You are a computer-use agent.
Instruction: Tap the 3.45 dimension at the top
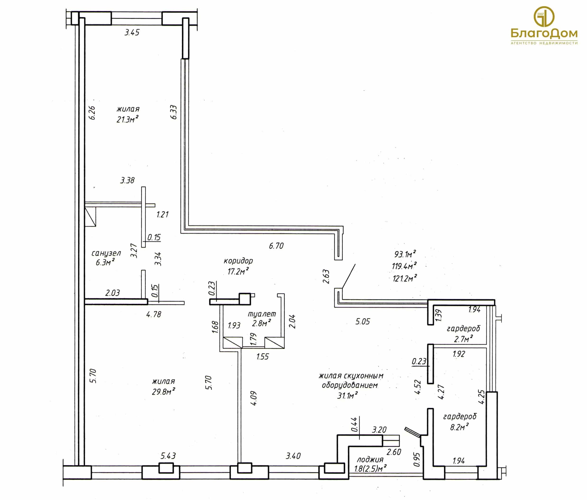[x=132, y=32]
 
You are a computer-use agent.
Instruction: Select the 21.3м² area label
[x=128, y=119]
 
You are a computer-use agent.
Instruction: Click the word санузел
[x=106, y=253]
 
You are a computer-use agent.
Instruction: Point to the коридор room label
[x=238, y=261]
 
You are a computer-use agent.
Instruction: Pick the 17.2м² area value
[x=238, y=271]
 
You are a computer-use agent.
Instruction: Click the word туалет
[x=262, y=314]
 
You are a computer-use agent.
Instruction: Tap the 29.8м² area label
[x=164, y=391]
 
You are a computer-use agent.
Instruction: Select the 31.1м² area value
[x=347, y=395]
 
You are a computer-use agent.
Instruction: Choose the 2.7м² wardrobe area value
[x=463, y=339]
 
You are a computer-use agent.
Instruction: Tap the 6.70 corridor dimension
[x=276, y=246]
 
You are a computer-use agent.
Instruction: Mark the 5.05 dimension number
[x=363, y=321]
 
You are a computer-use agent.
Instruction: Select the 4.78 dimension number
[x=154, y=314]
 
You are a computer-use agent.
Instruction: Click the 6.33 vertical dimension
[x=174, y=112]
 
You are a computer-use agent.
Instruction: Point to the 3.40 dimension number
[x=293, y=456]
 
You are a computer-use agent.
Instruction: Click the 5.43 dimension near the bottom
[x=168, y=456]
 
